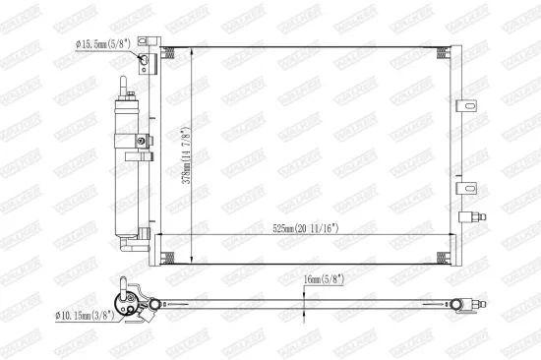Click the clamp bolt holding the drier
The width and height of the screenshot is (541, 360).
point(143,141)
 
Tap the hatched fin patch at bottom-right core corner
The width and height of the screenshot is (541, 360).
point(451,257)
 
